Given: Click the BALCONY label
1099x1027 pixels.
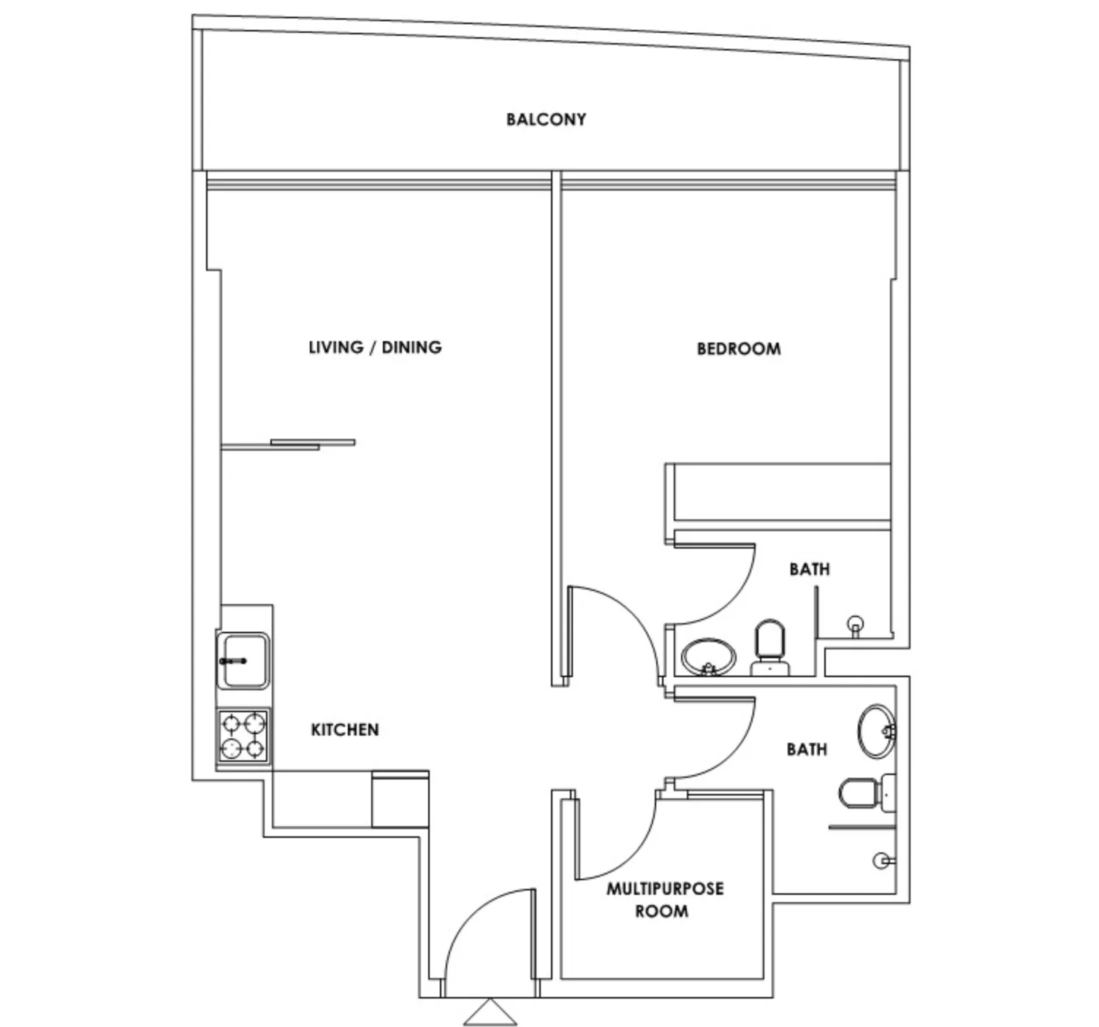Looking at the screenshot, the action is click(x=546, y=120).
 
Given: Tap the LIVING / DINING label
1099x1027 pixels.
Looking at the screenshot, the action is click(x=375, y=348).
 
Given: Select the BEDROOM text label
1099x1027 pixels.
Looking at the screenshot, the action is click(x=739, y=348).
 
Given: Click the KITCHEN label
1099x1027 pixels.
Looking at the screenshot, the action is click(x=345, y=729).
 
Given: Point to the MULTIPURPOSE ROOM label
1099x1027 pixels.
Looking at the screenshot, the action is click(x=665, y=900).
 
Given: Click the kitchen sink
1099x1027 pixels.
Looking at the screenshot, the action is click(x=243, y=660).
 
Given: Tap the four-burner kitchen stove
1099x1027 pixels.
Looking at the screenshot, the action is click(x=243, y=736).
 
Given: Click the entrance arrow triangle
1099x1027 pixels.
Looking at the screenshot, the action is click(x=490, y=1012).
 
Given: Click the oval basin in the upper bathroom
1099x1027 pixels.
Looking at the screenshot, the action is click(x=709, y=657).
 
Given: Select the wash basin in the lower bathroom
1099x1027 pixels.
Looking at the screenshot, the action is click(x=877, y=731).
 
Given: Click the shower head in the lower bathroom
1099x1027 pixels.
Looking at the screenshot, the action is click(x=883, y=860).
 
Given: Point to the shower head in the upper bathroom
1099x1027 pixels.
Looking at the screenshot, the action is click(x=856, y=626).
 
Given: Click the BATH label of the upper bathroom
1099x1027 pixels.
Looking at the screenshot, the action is click(x=810, y=569).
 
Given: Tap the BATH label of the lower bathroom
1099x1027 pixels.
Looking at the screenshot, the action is click(x=807, y=749).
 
